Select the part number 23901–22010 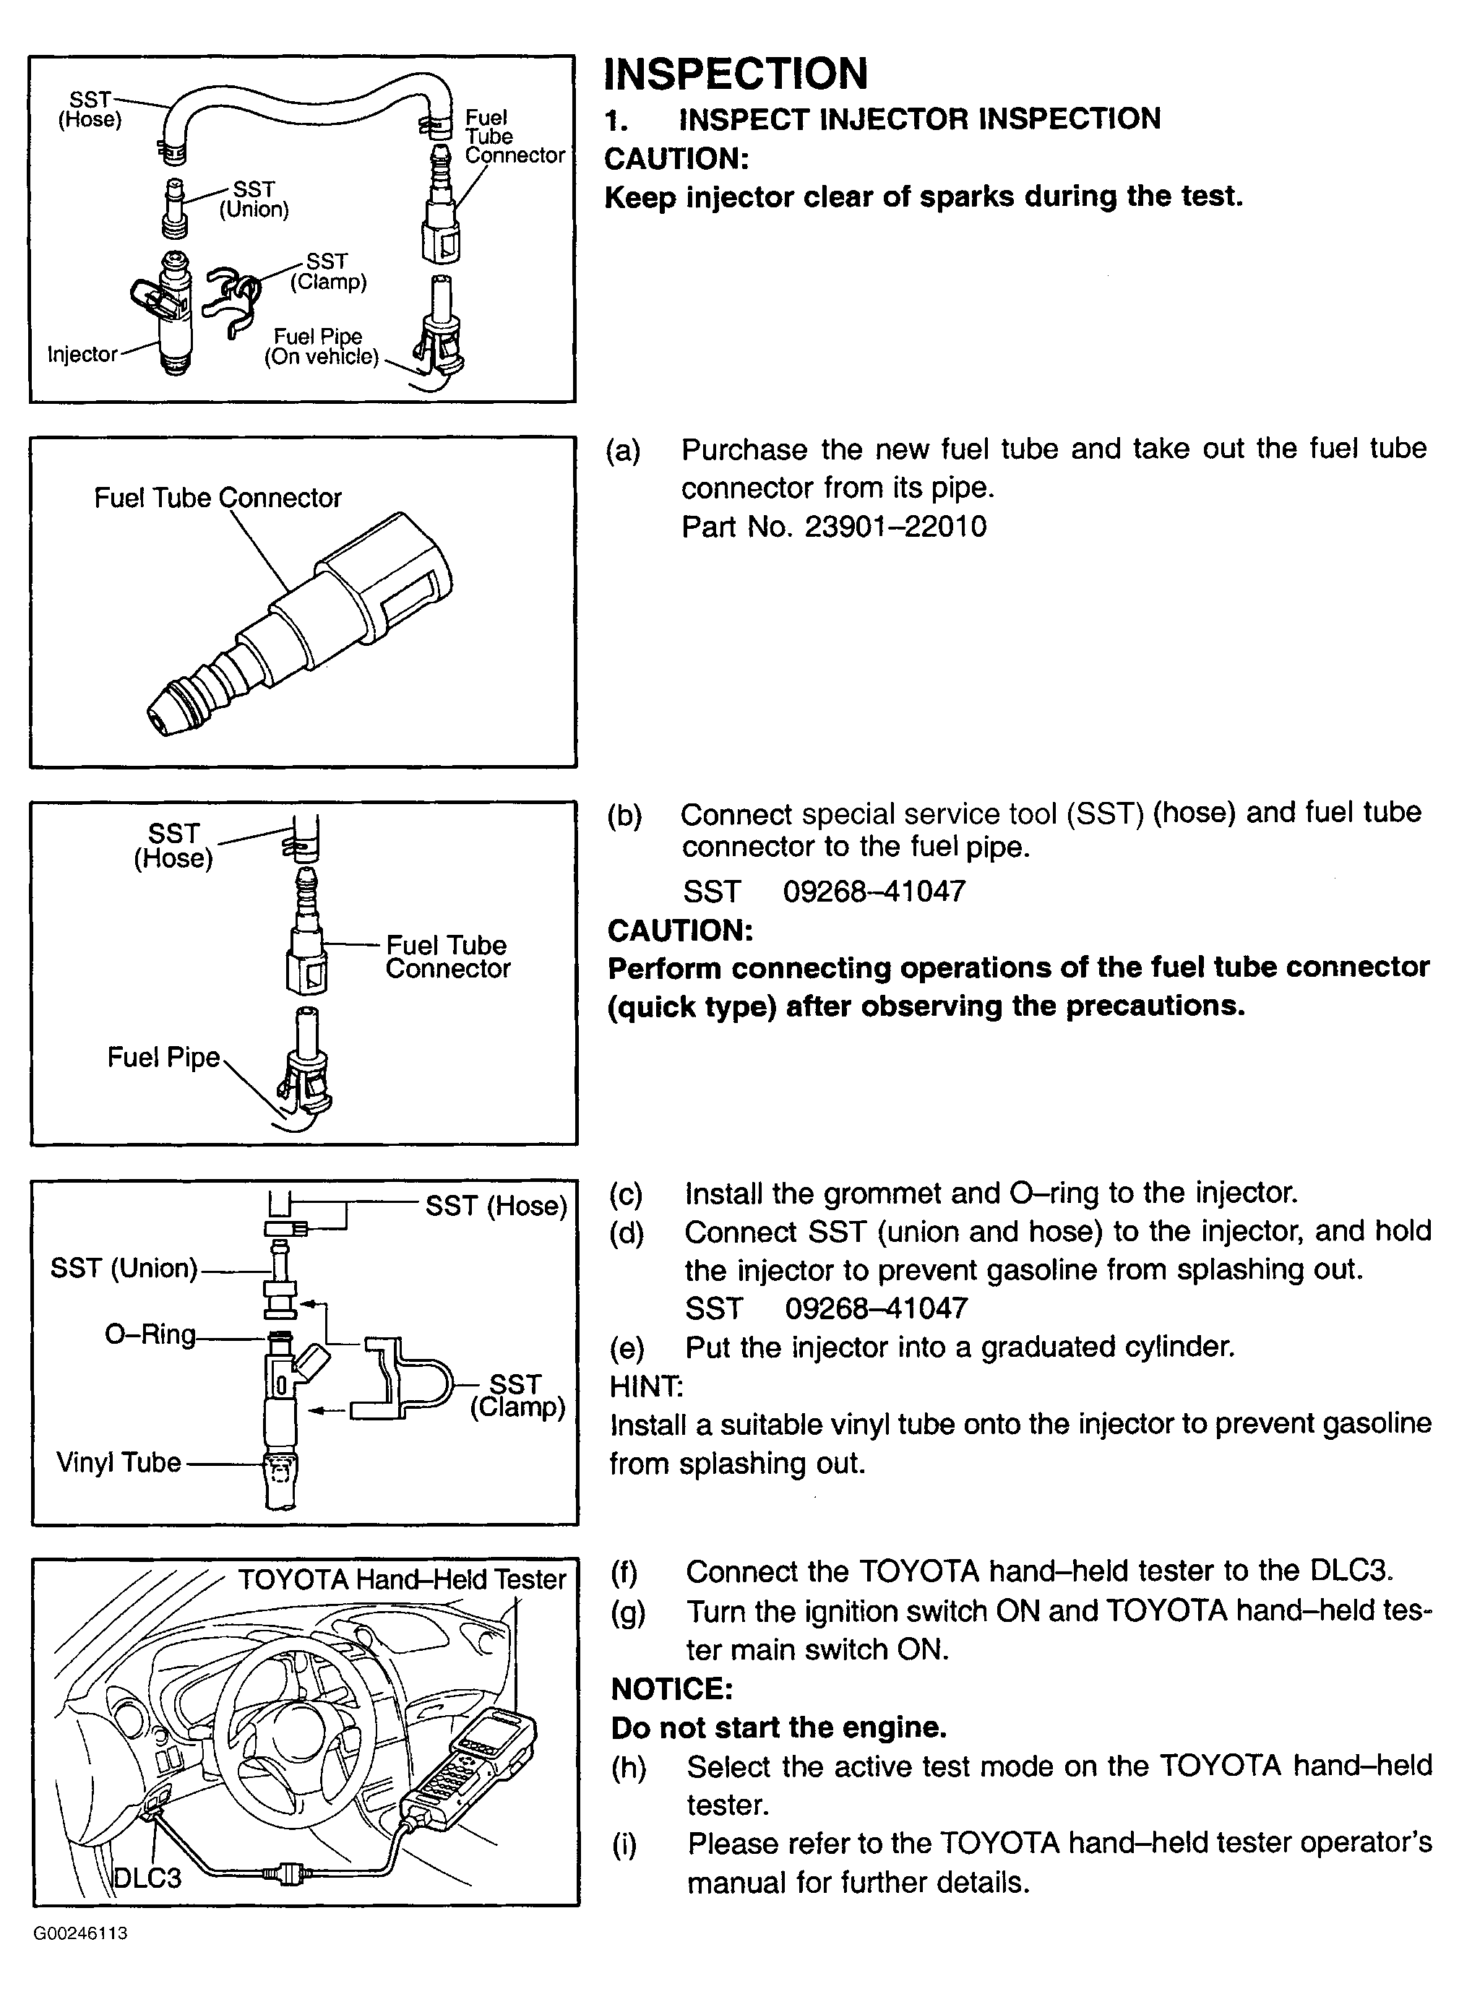coord(895,527)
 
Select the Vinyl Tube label coord(119,1463)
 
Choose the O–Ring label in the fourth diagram coord(150,1334)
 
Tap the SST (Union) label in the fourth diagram coord(124,1268)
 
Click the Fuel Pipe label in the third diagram coord(163,1057)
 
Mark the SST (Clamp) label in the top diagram coord(327,272)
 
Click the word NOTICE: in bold coord(672,1689)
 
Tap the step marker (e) coord(627,1347)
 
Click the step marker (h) coord(629,1767)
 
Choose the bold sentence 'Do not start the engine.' coord(778,1727)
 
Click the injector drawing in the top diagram coord(168,314)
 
